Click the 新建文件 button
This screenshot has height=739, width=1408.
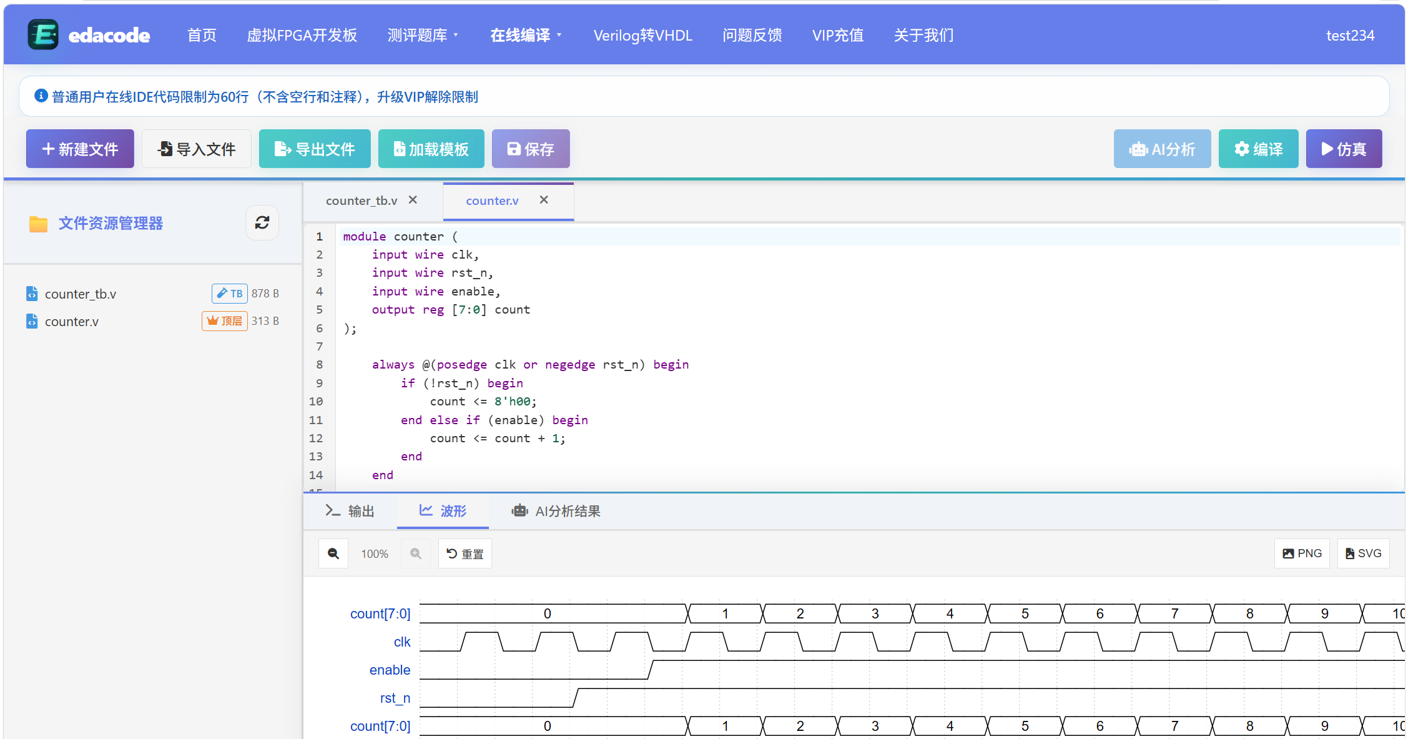80,149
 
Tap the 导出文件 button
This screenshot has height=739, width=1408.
315,149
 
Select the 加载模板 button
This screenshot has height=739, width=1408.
431,149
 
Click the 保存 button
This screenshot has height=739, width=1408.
531,149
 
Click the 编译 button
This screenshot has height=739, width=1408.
1258,149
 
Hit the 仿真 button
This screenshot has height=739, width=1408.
1344,149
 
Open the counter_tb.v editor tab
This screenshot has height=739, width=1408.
362,201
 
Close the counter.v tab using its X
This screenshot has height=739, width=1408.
544,200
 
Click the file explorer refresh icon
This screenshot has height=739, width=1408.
262,222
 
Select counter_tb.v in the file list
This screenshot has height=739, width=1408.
81,294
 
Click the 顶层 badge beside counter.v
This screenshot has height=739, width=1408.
225,320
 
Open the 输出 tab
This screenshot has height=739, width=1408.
350,511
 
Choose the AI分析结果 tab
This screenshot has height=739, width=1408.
556,511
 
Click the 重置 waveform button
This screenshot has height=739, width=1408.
465,553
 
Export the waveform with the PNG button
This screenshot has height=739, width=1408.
1302,553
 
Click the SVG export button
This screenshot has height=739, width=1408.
1363,553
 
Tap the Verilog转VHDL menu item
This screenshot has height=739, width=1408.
643,36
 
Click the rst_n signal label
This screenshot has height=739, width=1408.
395,698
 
